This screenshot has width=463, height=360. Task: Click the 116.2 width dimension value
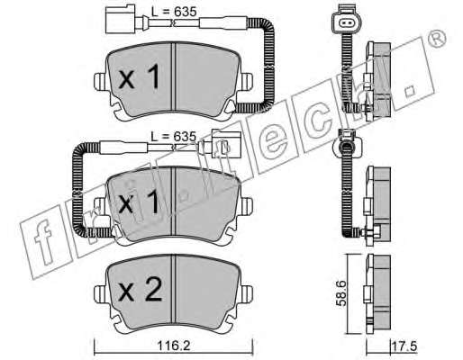174,346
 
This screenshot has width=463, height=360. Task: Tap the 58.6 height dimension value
340,293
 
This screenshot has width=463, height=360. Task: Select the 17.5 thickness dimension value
404,346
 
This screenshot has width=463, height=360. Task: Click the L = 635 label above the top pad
174,12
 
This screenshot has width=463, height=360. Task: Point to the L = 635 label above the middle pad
174,137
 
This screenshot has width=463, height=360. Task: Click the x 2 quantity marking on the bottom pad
141,290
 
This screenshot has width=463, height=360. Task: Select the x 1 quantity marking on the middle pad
139,202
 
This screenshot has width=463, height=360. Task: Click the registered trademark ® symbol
437,39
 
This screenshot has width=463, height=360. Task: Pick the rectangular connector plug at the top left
120,19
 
